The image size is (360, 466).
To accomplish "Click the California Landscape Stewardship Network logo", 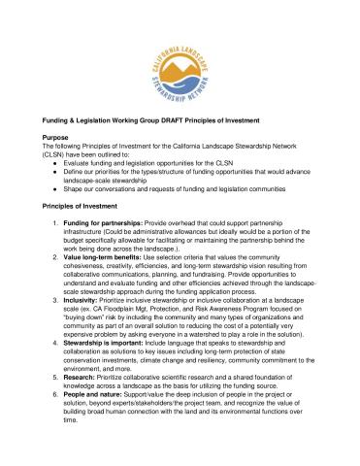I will click(x=180, y=59).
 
